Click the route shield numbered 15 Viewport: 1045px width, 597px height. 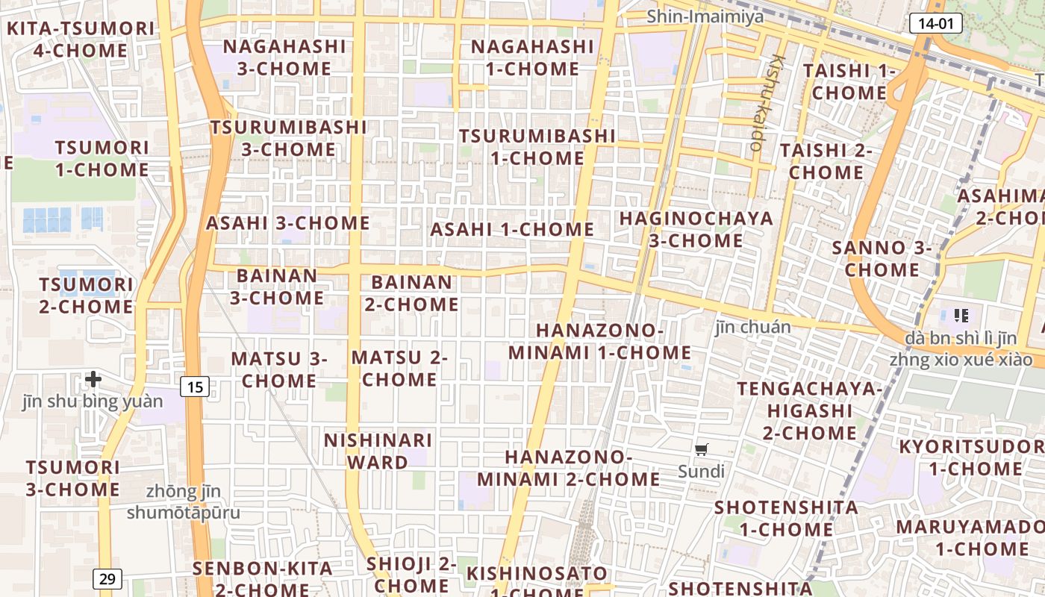pos(194,387)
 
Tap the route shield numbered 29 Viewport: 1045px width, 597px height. pos(108,578)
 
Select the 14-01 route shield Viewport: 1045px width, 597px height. pos(935,23)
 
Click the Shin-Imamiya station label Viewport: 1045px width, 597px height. pos(705,16)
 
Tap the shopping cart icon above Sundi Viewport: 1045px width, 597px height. pos(701,449)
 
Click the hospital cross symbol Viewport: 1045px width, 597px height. pos(93,379)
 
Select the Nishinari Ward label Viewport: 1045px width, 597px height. pos(378,451)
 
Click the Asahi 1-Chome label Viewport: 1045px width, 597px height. pos(512,230)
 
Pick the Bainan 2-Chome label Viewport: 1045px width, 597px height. pos(411,293)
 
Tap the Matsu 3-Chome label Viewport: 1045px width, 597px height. pos(279,369)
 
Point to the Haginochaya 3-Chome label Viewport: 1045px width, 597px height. pos(696,229)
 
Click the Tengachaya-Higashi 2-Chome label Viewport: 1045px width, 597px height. pos(809,410)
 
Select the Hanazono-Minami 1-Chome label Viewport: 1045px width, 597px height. pos(600,341)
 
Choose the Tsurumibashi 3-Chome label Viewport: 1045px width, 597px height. pos(288,138)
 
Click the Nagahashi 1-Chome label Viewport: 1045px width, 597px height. pos(531,57)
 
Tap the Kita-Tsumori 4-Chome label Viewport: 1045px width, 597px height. pos(81,40)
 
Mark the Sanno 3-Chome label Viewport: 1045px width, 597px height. pos(882,258)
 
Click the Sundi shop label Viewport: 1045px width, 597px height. pos(701,472)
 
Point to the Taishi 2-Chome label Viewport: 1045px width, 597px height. pos(826,161)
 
